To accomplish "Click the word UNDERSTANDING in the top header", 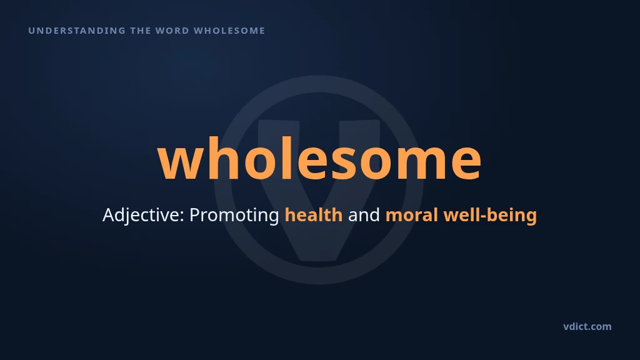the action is (x=77, y=31).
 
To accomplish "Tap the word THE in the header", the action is (x=140, y=31).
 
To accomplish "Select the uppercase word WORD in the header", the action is (x=172, y=31).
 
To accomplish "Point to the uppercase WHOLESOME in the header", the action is (x=229, y=31).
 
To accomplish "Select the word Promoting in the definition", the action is (x=234, y=215).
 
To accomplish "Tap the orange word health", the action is (x=314, y=215).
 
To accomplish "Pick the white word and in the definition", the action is (x=364, y=215).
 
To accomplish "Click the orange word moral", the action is (x=412, y=215).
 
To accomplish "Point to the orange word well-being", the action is (x=490, y=215).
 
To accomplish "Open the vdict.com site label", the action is (x=587, y=326).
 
